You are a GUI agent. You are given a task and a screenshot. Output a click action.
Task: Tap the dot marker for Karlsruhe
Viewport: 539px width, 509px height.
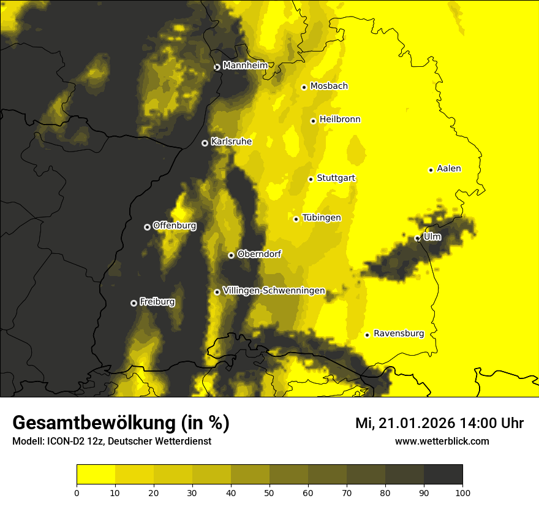pos(205,143)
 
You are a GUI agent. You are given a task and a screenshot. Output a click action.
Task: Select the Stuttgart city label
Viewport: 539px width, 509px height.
pos(336,178)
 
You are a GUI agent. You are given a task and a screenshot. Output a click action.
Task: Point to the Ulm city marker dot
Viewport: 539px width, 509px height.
pos(417,238)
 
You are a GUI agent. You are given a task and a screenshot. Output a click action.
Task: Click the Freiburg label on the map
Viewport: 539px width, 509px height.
pos(157,302)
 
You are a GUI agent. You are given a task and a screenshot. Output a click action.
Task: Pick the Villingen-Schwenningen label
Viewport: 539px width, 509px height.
pos(274,291)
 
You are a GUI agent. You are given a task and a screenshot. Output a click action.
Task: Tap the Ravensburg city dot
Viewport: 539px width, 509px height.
pos(367,335)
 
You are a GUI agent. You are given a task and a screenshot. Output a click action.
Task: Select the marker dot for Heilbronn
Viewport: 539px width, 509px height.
pos(313,121)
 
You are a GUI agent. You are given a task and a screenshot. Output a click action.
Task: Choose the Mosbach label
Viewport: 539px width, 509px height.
pos(328,86)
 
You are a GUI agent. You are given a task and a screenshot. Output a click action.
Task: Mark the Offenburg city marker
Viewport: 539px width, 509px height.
pos(147,227)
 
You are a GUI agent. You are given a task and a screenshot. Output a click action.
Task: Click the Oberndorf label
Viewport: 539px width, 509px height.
pos(259,254)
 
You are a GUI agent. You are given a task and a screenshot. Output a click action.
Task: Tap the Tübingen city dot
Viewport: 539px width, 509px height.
pos(296,219)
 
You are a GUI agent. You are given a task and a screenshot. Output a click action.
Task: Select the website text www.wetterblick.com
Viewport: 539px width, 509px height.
pos(442,441)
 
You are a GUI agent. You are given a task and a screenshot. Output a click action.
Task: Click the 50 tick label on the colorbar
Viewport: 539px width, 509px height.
pos(269,492)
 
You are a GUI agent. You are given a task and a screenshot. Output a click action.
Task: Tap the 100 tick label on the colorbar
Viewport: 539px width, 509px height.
pos(462,492)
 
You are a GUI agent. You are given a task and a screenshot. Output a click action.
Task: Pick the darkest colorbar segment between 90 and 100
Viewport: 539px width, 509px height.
pos(443,474)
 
